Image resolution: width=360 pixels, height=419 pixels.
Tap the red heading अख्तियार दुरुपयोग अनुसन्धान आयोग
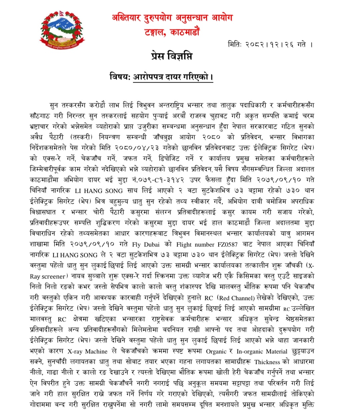click(x=172, y=18)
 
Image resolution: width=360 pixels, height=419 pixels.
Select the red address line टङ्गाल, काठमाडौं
click(x=172, y=33)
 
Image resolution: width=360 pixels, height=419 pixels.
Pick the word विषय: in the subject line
click(x=120, y=77)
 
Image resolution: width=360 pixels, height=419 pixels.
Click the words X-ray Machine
click(x=87, y=351)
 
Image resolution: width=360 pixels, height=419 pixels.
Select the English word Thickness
click(x=267, y=362)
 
